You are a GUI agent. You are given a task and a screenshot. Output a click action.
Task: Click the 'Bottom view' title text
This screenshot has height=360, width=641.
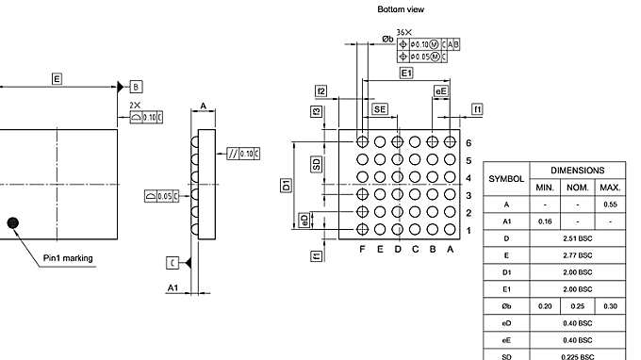(401, 9)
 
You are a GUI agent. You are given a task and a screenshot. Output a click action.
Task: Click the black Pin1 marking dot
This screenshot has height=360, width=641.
(12, 222)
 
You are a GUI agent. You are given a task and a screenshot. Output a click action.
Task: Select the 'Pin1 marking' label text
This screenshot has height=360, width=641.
(68, 257)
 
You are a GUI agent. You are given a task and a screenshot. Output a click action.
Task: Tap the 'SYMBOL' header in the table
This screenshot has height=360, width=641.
(506, 178)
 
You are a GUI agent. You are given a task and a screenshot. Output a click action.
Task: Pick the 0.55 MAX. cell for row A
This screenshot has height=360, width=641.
(610, 205)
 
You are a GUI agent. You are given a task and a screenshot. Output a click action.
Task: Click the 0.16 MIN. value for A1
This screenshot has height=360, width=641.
(545, 221)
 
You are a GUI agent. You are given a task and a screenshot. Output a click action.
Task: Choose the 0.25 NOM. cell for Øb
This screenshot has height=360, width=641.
(577, 306)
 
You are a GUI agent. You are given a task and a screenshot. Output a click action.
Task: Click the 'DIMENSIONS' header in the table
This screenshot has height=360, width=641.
(577, 171)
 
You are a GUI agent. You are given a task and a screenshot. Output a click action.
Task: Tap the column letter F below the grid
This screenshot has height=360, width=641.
(362, 249)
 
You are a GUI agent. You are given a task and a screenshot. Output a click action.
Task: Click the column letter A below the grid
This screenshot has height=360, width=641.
(451, 249)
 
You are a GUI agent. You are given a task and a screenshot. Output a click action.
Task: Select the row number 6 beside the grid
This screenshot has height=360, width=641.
(468, 142)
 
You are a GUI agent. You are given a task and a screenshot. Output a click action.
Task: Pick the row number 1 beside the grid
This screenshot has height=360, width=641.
(468, 230)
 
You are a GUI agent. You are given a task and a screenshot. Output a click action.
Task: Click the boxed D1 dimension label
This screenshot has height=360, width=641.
(287, 186)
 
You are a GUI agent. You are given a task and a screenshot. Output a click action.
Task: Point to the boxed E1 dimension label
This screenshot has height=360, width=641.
(406, 73)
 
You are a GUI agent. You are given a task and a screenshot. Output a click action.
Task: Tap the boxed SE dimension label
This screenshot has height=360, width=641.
(380, 110)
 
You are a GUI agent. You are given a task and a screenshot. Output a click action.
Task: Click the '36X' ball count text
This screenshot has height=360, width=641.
(403, 32)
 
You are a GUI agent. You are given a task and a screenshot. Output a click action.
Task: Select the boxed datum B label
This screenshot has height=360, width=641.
(135, 85)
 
